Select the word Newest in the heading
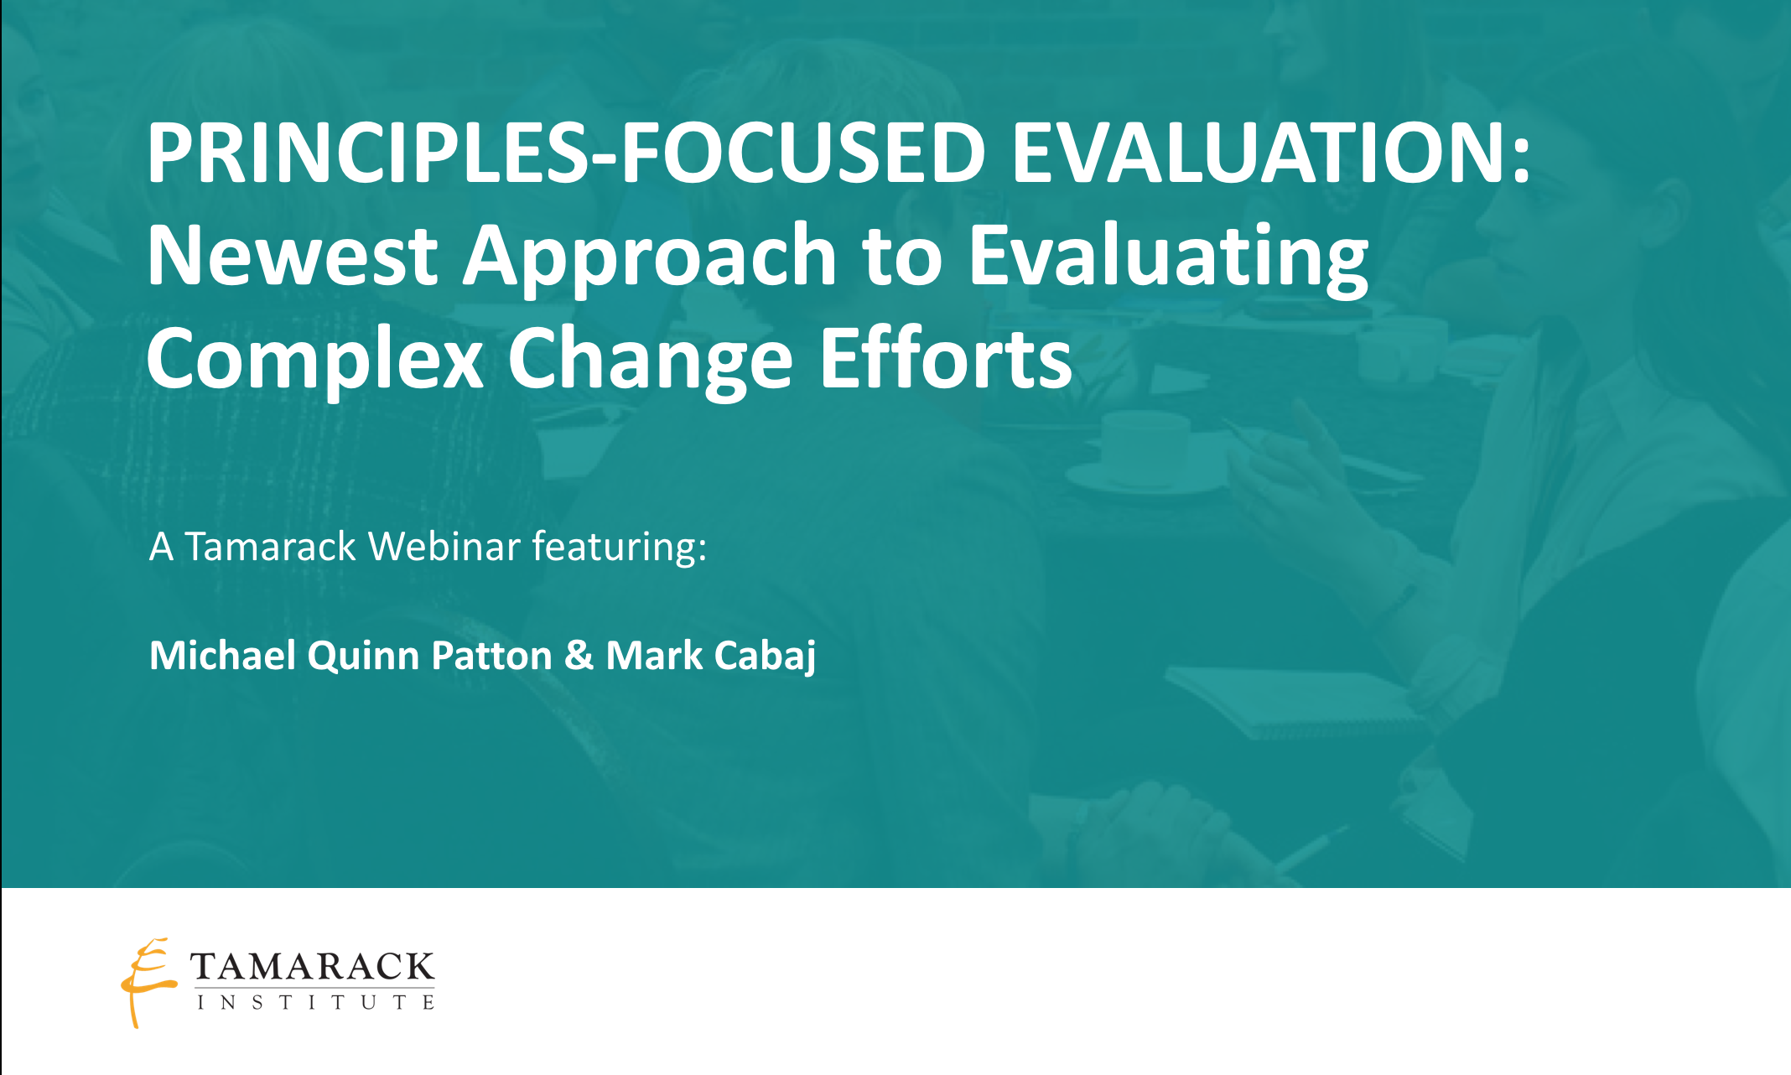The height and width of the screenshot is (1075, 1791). click(292, 255)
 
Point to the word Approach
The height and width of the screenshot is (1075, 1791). click(650, 257)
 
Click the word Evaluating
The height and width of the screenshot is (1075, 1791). click(1168, 257)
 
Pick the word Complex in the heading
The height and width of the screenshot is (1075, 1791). click(314, 359)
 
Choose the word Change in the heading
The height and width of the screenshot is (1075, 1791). click(650, 359)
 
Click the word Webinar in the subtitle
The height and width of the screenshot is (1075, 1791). click(444, 546)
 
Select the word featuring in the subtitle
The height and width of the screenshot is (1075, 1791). click(619, 548)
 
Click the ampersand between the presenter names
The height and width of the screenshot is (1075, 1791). click(579, 655)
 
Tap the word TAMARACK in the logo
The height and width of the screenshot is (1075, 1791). click(312, 966)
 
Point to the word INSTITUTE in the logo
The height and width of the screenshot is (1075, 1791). click(316, 1002)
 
